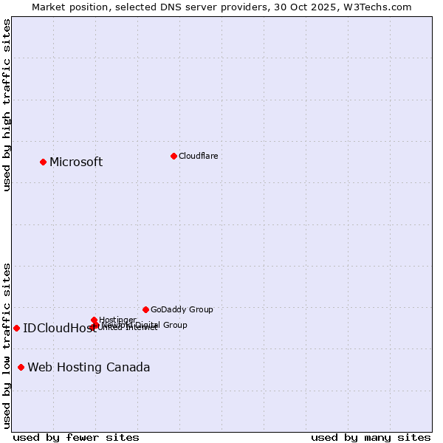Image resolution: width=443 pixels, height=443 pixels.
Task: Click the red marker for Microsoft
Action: pyautogui.click(x=43, y=162)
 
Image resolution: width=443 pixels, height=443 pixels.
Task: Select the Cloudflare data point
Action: pyautogui.click(x=174, y=156)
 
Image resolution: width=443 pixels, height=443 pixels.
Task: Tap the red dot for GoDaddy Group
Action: pyautogui.click(x=145, y=309)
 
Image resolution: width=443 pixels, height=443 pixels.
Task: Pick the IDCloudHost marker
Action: pyautogui.click(x=16, y=328)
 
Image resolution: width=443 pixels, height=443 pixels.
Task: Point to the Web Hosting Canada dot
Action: pyautogui.click(x=21, y=367)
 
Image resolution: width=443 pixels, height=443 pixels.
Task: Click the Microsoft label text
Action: pyautogui.click(x=76, y=162)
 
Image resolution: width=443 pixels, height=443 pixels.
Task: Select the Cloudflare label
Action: pyautogui.click(x=198, y=156)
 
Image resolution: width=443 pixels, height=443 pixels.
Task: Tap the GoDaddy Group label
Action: pyautogui.click(x=182, y=309)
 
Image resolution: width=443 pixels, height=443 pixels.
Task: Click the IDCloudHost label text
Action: pyautogui.click(x=59, y=329)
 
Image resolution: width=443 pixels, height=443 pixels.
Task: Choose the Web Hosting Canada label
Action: pyautogui.click(x=89, y=368)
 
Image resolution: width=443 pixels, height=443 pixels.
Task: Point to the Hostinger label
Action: pyautogui.click(x=117, y=320)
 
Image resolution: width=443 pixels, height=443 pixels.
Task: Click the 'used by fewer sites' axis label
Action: pyautogui.click(x=76, y=437)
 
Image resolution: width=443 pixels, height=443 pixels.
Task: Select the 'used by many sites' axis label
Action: pyautogui.click(x=371, y=437)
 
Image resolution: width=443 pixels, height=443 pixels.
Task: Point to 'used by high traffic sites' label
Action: pyautogui.click(x=7, y=105)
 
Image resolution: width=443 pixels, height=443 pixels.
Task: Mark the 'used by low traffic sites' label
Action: pyautogui.click(x=7, y=346)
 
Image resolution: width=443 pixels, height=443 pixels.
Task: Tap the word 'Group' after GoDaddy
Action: pyautogui.click(x=200, y=309)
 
